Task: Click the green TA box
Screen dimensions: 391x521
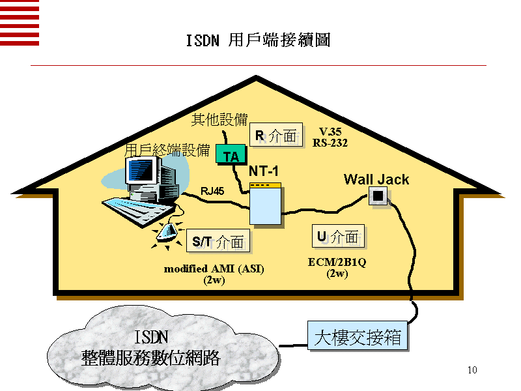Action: [231, 155]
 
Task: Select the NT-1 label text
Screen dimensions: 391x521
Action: [264, 171]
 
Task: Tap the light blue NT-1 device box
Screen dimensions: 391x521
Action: [266, 205]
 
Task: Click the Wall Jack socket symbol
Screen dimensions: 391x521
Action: [377, 195]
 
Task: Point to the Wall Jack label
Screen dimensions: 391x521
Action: [376, 179]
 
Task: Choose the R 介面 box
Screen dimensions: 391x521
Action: [277, 136]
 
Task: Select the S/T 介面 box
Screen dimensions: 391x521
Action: [218, 242]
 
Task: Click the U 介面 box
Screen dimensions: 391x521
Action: [338, 237]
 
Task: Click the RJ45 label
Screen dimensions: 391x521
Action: [212, 191]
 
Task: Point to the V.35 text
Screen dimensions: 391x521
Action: [330, 132]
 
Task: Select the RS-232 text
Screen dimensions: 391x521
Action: [330, 142]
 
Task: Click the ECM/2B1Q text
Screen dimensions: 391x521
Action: [337, 263]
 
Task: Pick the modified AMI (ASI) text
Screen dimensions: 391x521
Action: [214, 268]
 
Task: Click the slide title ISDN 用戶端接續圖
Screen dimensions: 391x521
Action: [258, 40]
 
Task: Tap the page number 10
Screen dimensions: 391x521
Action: [473, 371]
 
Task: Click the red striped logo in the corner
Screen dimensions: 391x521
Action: [20, 23]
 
